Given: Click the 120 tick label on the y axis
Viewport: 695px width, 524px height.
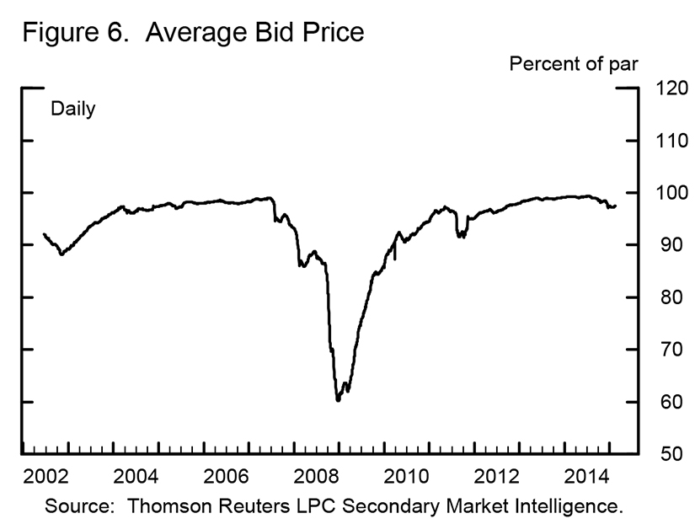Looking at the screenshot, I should (x=665, y=88).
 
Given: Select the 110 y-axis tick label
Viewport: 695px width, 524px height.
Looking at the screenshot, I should (x=665, y=141).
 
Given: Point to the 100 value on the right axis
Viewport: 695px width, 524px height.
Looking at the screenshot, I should (x=665, y=193).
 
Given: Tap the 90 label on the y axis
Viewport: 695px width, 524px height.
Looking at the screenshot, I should (x=660, y=245).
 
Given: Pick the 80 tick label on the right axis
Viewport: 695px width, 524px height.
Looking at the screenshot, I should (x=660, y=297).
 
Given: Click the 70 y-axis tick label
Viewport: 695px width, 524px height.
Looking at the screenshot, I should (x=660, y=350).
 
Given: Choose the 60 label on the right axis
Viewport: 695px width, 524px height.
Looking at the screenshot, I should (x=660, y=402).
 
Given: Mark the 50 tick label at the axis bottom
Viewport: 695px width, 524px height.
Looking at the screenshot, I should (x=660, y=454).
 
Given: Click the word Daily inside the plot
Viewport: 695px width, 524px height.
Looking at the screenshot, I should (x=73, y=110).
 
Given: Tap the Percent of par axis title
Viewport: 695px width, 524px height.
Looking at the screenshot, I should (x=572, y=65).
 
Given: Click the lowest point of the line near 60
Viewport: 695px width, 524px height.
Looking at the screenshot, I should (x=338, y=399).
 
